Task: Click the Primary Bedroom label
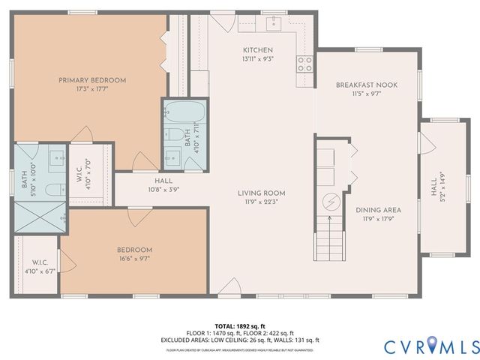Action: click(92, 79)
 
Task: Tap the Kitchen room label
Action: click(257, 49)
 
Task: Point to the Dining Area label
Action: click(378, 210)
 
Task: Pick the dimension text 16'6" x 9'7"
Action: click(133, 259)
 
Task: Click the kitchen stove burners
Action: click(304, 64)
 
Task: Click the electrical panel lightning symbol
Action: click(329, 201)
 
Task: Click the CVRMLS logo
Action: click(431, 346)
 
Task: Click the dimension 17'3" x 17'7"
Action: click(92, 88)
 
